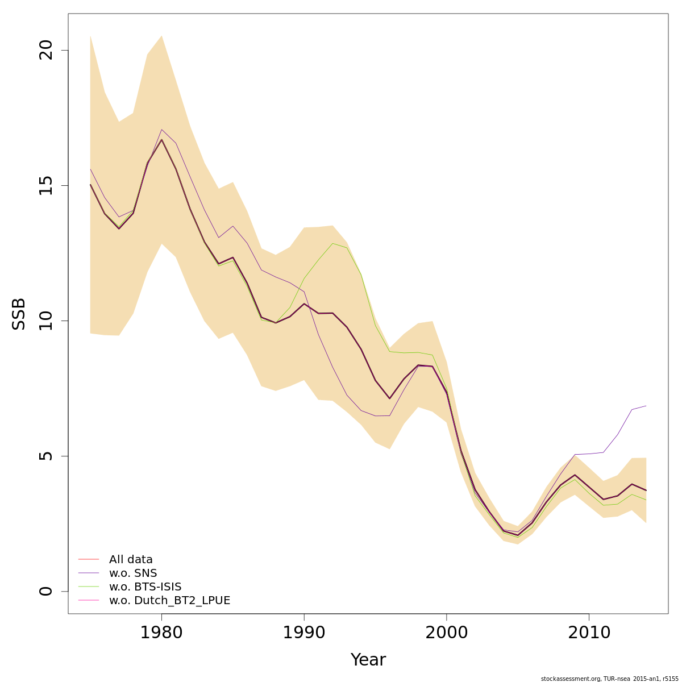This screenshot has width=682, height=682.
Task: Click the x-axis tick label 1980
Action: [161, 633]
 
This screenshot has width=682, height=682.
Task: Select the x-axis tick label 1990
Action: [304, 633]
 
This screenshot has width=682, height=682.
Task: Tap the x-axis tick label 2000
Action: [447, 633]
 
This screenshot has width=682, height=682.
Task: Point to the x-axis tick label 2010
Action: [589, 633]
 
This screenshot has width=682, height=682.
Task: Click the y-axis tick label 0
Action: [46, 591]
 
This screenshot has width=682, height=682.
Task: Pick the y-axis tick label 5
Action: [46, 456]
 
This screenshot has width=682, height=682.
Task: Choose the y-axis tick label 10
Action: [46, 321]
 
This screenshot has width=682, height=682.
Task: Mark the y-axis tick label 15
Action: [46, 185]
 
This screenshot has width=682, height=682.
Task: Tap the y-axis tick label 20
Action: [46, 51]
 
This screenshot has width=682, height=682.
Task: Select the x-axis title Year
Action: [368, 660]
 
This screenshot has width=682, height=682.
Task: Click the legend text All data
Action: [131, 560]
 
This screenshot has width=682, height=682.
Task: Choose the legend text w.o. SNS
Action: [133, 573]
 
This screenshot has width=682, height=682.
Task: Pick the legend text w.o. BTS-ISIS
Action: [145, 587]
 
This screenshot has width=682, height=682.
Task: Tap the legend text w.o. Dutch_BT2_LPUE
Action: [169, 601]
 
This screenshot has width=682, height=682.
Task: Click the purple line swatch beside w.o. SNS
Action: [89, 573]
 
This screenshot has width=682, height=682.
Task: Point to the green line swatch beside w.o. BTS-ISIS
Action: [89, 587]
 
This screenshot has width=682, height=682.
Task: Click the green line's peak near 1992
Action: [332, 243]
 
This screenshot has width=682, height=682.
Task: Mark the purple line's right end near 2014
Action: [646, 406]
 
